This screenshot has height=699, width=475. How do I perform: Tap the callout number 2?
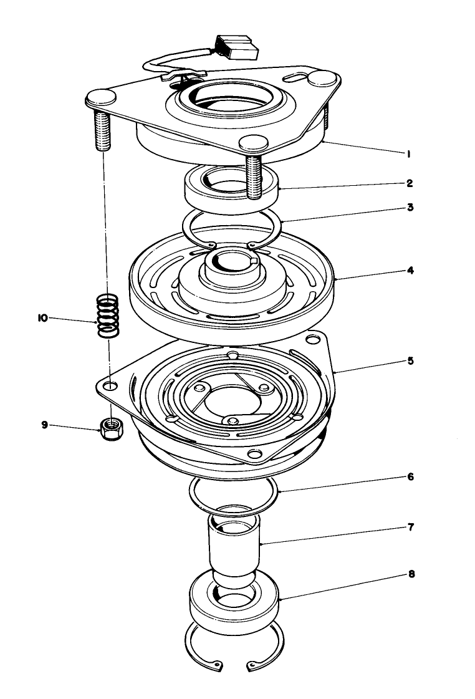point(409,185)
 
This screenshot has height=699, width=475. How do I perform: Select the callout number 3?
point(410,207)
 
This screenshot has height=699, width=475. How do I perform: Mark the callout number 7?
point(410,527)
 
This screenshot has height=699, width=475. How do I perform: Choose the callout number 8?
point(410,574)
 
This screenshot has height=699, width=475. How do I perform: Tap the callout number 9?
point(44,425)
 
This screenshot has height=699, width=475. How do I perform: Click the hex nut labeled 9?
point(111,428)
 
